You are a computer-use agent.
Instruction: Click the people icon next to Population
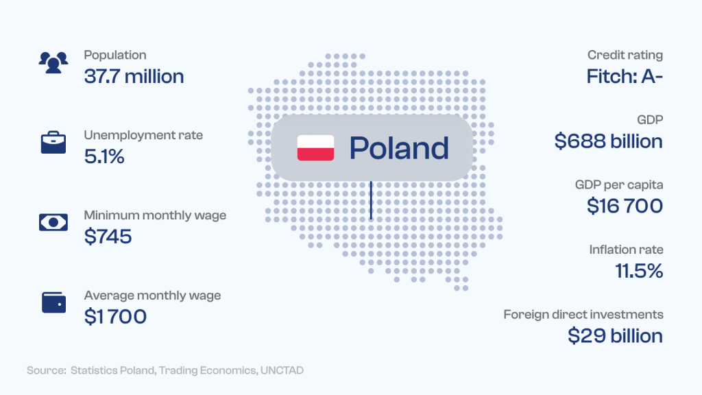pyautogui.click(x=53, y=62)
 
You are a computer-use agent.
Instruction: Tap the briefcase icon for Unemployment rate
pyautogui.click(x=53, y=143)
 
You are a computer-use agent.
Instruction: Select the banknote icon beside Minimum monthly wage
pyautogui.click(x=53, y=222)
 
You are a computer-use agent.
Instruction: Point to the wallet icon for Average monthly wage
pyautogui.click(x=53, y=302)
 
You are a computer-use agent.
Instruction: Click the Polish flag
pyautogui.click(x=315, y=148)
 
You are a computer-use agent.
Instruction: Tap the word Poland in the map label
pyautogui.click(x=399, y=148)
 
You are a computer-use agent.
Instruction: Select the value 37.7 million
pyautogui.click(x=134, y=77)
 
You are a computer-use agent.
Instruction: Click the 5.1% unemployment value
pyautogui.click(x=104, y=157)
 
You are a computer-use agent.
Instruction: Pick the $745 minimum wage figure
pyautogui.click(x=108, y=237)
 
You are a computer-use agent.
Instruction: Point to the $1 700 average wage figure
pyautogui.click(x=115, y=317)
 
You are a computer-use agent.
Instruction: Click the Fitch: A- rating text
pyautogui.click(x=625, y=77)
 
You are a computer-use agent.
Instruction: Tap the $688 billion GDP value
pyautogui.click(x=609, y=141)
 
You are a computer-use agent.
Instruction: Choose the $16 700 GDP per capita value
pyautogui.click(x=625, y=206)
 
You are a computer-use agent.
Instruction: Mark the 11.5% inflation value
pyautogui.click(x=639, y=271)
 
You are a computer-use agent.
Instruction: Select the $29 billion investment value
pyautogui.click(x=615, y=336)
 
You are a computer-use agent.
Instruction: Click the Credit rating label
pyautogui.click(x=625, y=56)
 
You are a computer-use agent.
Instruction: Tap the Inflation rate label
pyautogui.click(x=626, y=250)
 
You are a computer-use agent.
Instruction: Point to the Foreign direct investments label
pyautogui.click(x=583, y=315)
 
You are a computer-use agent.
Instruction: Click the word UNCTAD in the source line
pyautogui.click(x=282, y=370)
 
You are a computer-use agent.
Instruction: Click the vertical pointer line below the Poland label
pyautogui.click(x=371, y=200)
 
